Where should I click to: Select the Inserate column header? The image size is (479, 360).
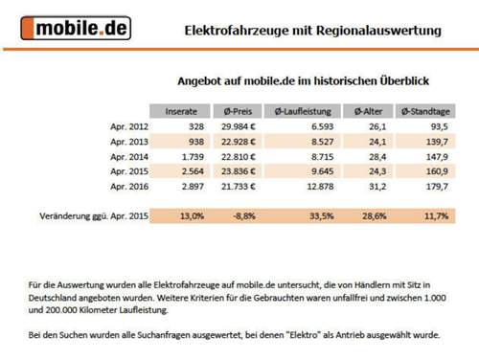(x=179, y=109)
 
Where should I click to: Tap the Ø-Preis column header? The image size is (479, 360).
(x=236, y=109)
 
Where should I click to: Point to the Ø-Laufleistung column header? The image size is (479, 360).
(x=302, y=109)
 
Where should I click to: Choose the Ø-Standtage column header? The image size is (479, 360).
(x=424, y=109)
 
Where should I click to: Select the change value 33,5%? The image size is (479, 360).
(x=323, y=216)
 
